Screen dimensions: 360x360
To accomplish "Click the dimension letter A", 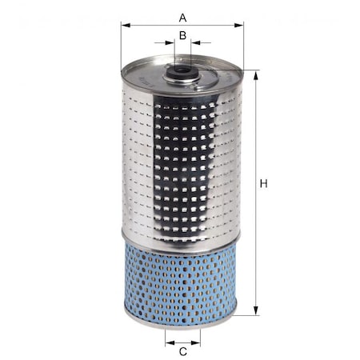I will tap(182, 16).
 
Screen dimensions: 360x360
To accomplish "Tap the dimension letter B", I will tap(182, 34).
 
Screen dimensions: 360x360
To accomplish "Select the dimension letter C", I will tap(182, 350).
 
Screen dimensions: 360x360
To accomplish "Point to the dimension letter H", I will tap(264, 185).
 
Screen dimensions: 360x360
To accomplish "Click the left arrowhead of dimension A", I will tap(124, 25).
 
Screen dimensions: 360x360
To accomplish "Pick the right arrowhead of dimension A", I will tap(241, 25).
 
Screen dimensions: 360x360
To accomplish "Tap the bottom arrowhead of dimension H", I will tap(256, 312).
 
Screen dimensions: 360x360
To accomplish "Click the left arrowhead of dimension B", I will tap(170, 43).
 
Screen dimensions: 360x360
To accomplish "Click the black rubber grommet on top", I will tap(182, 74).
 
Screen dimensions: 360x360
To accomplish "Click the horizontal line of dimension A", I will tap(152, 25).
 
